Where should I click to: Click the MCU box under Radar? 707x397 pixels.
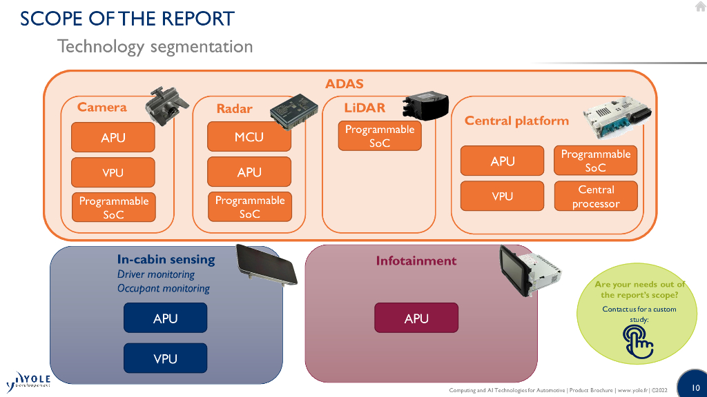click(x=249, y=137)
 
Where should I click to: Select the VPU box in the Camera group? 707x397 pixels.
click(x=113, y=172)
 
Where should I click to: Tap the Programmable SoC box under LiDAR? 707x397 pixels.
click(x=380, y=136)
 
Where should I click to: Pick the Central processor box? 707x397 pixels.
click(x=596, y=196)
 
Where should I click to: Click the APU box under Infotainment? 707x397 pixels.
click(x=416, y=318)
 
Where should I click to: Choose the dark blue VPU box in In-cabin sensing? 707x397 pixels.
click(x=165, y=358)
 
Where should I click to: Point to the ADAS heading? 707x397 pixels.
click(x=345, y=84)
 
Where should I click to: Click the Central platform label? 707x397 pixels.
click(x=516, y=121)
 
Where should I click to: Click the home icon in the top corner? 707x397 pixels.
click(x=700, y=7)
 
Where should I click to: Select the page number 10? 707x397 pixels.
click(x=695, y=387)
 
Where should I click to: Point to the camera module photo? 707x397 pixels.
click(x=166, y=105)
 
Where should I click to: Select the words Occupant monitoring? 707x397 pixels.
click(x=163, y=289)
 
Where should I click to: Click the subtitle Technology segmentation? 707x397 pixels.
click(x=155, y=47)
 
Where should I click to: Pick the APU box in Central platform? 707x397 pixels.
click(x=503, y=161)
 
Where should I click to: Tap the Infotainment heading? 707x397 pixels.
click(x=416, y=261)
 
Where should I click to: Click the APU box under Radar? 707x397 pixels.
click(x=249, y=172)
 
